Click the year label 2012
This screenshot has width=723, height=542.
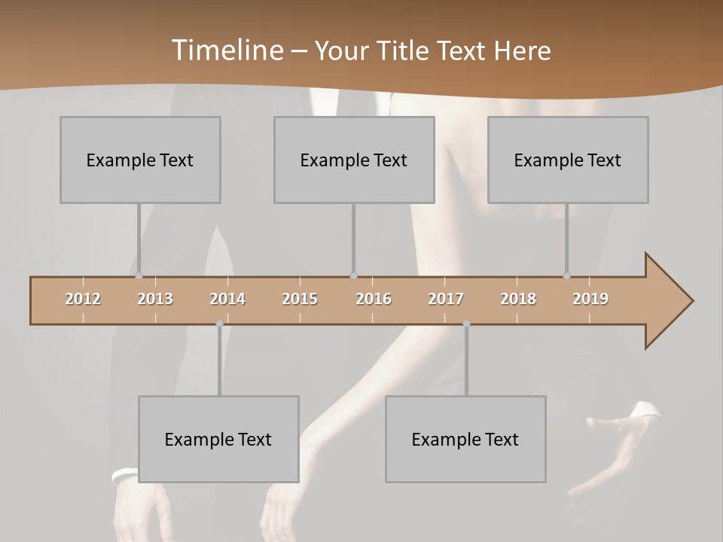pyautogui.click(x=83, y=299)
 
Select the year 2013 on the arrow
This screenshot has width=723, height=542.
pyautogui.click(x=155, y=299)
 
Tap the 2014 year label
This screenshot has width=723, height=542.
pyautogui.click(x=227, y=299)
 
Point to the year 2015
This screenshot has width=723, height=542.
pyautogui.click(x=300, y=299)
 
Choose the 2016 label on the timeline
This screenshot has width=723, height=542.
pyautogui.click(x=374, y=299)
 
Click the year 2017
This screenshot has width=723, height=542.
pyautogui.click(x=446, y=299)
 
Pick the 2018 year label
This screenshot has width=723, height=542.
pyautogui.click(x=518, y=299)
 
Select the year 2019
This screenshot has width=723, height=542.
pyautogui.click(x=590, y=299)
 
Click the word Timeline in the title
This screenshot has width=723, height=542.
pyautogui.click(x=226, y=50)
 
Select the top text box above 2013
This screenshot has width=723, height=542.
pyautogui.click(x=140, y=160)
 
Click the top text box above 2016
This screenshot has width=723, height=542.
pyautogui.click(x=354, y=160)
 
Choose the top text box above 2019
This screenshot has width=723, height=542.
pyautogui.click(x=568, y=160)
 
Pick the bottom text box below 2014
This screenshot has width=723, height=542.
pyautogui.click(x=218, y=439)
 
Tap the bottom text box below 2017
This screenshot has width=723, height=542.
pyautogui.click(x=465, y=439)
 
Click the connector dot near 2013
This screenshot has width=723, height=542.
pyautogui.click(x=139, y=276)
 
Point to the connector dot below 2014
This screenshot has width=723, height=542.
pyautogui.click(x=219, y=324)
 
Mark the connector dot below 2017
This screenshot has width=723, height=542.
pyautogui.click(x=466, y=324)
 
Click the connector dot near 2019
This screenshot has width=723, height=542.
pyautogui.click(x=566, y=276)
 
